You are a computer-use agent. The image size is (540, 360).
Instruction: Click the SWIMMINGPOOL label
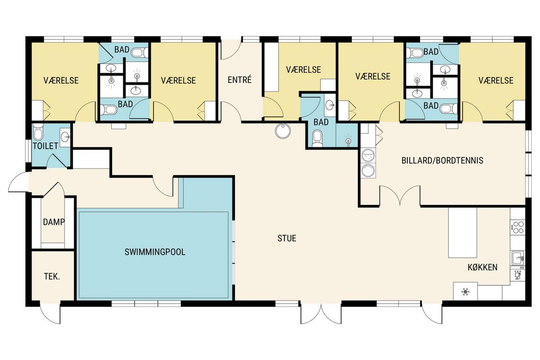pyautogui.click(x=155, y=252)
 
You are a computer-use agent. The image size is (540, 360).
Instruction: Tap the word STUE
pyautogui.click(x=287, y=238)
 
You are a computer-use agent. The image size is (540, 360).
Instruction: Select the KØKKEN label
pyautogui.click(x=482, y=267)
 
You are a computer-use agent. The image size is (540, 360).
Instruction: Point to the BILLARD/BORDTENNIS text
pyautogui.click(x=442, y=161)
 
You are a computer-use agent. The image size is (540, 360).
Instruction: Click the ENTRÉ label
pyautogui.click(x=240, y=80)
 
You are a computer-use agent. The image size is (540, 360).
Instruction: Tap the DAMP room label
pyautogui.click(x=54, y=222)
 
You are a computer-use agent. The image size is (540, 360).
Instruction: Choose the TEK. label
pyautogui.click(x=52, y=276)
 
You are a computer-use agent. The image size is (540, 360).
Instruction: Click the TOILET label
pyautogui.click(x=46, y=146)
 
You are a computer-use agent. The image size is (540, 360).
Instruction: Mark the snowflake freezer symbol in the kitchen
pyautogui.click(x=465, y=292)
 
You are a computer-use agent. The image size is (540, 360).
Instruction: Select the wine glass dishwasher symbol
pyautogui.click(x=518, y=276)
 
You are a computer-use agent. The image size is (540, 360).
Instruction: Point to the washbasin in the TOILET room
pyautogui.click(x=65, y=137)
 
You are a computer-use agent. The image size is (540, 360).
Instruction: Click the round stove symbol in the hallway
pyautogui.click(x=283, y=131)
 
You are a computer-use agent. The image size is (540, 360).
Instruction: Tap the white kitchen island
pyautogui.click(x=463, y=233)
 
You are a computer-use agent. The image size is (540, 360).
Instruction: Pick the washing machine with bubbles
pyautogui.click(x=368, y=156)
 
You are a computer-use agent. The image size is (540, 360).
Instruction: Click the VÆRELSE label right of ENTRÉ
pyautogui.click(x=303, y=70)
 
